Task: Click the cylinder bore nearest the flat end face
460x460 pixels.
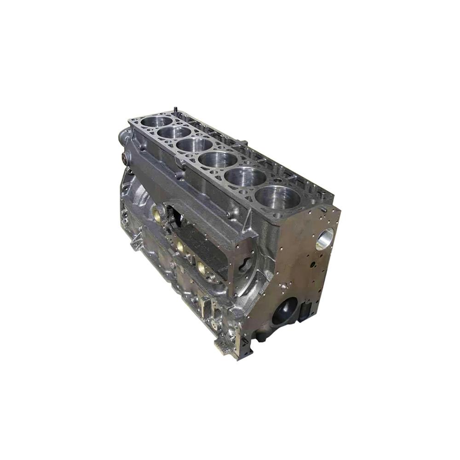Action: [277, 197]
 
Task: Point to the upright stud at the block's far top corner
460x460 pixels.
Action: [175, 109]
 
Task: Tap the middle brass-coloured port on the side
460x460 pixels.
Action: [180, 247]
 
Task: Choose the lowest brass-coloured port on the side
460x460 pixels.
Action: [201, 267]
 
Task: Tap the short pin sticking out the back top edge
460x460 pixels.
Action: [244, 143]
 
